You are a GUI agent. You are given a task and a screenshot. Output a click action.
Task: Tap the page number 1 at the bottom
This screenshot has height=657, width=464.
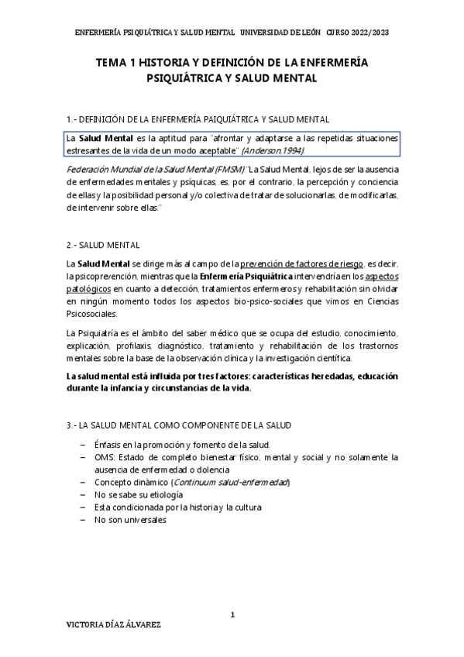pos(232,614)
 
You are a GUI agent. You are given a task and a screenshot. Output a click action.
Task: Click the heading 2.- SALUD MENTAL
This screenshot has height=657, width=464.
pos(103,245)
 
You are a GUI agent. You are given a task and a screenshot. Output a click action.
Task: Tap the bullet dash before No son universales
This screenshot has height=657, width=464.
pos(83,521)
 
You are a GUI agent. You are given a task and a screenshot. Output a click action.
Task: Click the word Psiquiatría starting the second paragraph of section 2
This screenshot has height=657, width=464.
pos(100,333)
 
